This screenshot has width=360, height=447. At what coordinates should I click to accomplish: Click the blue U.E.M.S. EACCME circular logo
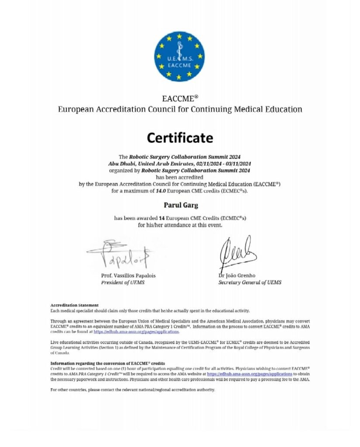click(x=180, y=56)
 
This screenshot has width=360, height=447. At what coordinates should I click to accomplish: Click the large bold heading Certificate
click(x=180, y=138)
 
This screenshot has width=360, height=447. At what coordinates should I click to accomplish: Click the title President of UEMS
click(x=123, y=282)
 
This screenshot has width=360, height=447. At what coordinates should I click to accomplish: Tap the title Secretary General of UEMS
click(x=250, y=282)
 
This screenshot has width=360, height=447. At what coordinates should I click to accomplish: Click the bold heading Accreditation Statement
click(x=74, y=305)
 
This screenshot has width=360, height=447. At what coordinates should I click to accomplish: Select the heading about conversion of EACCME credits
click(x=107, y=363)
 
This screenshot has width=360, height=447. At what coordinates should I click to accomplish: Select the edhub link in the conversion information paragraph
click(x=249, y=374)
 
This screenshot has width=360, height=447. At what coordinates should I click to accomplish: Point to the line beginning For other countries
click(x=133, y=389)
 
